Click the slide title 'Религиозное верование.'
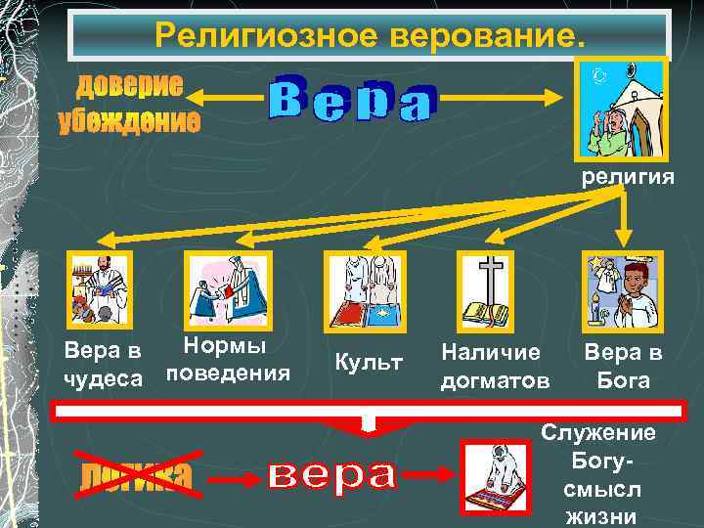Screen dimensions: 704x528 click(370, 37)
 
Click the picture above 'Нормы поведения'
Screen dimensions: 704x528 click(229, 288)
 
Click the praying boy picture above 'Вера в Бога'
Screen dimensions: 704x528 click(622, 288)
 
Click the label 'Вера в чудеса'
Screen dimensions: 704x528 click(103, 364)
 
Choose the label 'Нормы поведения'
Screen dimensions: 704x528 click(228, 360)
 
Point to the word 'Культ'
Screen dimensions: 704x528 click(369, 363)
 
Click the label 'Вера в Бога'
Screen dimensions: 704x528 click(624, 365)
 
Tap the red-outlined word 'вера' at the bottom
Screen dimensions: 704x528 click(331, 475)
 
